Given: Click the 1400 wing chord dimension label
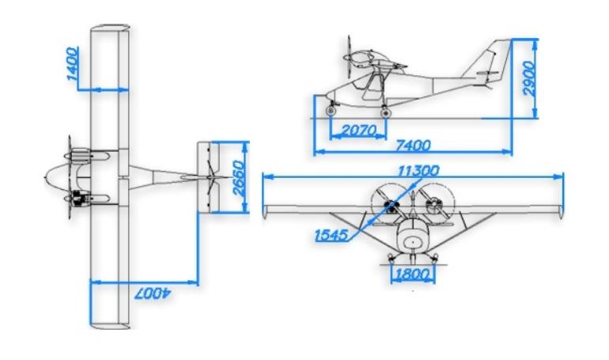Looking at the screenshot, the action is point(72,63).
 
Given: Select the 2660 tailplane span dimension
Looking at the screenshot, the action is point(238,178).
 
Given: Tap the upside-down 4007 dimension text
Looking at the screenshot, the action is point(153,294).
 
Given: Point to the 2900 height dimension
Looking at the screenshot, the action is point(529,78).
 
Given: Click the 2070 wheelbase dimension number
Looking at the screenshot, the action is point(358,130).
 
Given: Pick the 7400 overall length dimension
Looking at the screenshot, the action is point(413,146).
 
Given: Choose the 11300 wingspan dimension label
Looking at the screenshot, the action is point(418,170).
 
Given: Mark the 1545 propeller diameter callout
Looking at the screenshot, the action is point(331,235).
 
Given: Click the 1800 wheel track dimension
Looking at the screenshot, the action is point(413,275).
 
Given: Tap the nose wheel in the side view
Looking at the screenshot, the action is point(331,111).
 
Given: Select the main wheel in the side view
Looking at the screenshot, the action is point(385,112).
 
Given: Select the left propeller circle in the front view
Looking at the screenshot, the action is point(391,203).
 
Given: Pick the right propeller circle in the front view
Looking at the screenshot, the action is point(435,203).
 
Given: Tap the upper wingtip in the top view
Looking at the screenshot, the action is point(110,27).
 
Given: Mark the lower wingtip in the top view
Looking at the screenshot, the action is point(110,326).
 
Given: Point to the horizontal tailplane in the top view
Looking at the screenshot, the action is point(209,177).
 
